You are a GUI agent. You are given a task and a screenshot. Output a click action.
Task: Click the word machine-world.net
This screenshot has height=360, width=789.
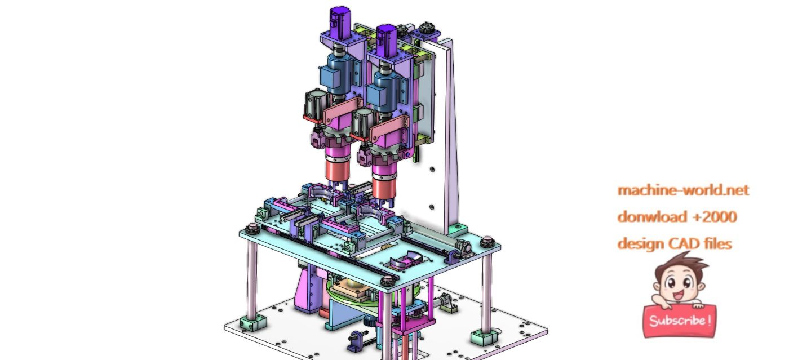click(x=683, y=190)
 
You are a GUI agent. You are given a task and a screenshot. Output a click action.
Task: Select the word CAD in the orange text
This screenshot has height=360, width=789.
click(x=684, y=243)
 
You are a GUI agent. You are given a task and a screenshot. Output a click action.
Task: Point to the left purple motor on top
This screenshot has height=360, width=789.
click(x=339, y=23)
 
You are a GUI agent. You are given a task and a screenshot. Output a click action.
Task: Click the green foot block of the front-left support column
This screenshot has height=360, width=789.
click(x=248, y=325)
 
